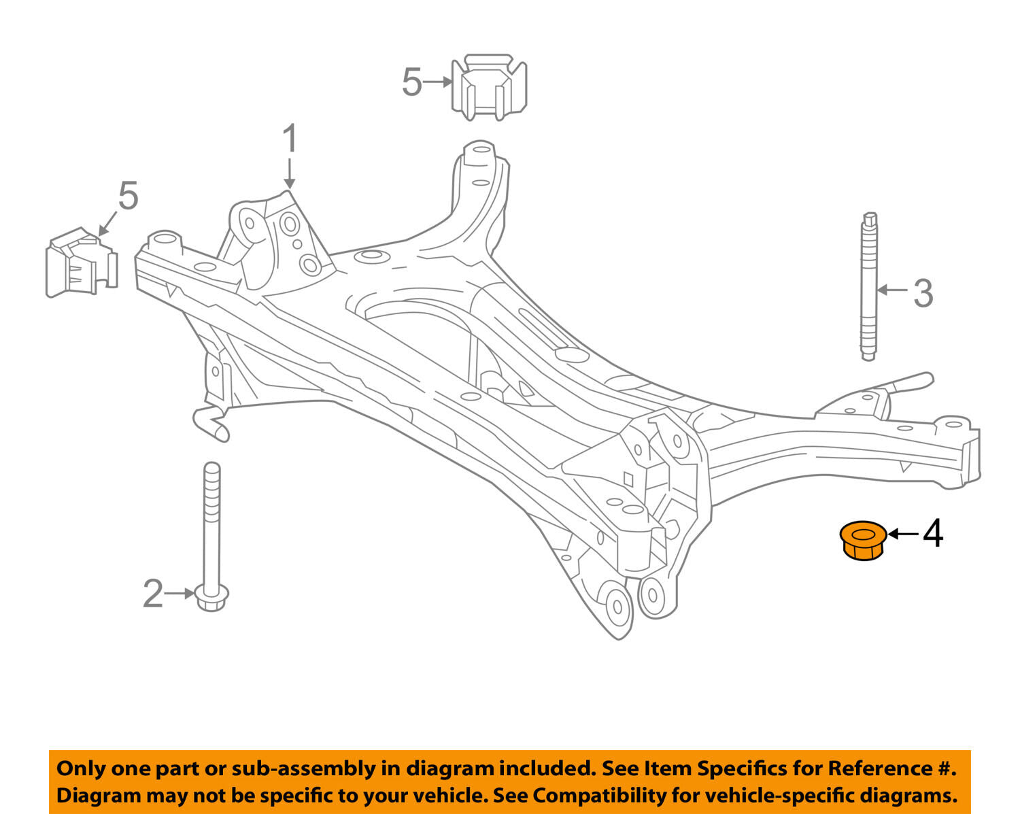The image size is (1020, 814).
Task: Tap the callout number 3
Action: coord(923,293)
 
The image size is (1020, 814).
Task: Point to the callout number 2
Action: coord(153,594)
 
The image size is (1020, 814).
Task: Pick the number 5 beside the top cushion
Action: coord(412,82)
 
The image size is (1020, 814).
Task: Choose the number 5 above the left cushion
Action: coord(128,196)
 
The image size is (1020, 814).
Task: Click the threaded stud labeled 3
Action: coord(868,286)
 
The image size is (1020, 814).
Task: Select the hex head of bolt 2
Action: coord(211,596)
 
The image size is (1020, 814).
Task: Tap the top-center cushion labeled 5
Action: coord(489,87)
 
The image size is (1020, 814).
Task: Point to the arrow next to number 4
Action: coord(902,534)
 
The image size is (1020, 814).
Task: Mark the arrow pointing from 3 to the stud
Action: coord(892,290)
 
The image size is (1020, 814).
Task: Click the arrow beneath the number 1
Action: coord(290,173)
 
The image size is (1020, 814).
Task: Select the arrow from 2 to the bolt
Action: coord(180,594)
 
